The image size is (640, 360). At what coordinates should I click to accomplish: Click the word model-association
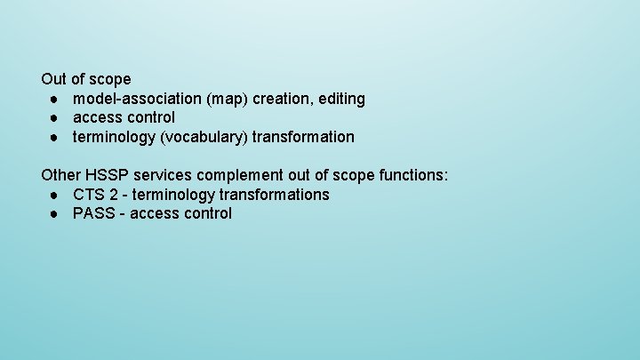click(x=138, y=99)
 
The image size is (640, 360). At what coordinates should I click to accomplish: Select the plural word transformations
click(x=275, y=195)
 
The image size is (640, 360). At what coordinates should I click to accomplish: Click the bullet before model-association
click(x=54, y=99)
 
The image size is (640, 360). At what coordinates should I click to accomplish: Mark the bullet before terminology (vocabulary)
click(x=54, y=137)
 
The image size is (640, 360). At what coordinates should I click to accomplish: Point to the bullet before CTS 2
click(x=54, y=195)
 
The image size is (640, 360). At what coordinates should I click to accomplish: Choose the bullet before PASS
click(x=54, y=213)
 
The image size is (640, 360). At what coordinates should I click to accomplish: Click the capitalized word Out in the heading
click(x=53, y=79)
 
